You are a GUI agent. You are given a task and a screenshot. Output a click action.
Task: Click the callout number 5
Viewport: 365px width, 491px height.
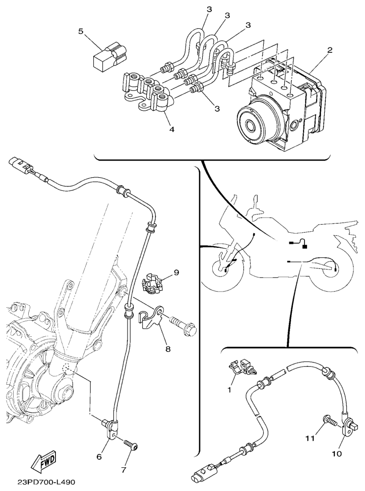(81, 32)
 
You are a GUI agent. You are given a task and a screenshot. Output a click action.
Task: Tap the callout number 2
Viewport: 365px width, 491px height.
(330, 50)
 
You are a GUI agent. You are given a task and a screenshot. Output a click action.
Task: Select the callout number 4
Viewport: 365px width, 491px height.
(171, 129)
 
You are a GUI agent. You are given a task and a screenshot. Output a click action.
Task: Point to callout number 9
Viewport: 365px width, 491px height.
(176, 272)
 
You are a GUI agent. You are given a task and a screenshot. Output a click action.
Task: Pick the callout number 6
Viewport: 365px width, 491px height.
(99, 457)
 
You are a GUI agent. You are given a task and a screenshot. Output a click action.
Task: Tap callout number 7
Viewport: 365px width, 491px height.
(124, 470)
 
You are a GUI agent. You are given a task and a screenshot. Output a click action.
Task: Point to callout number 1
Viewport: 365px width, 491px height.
(229, 390)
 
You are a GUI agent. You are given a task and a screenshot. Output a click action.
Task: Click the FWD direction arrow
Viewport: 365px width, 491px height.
(45, 462)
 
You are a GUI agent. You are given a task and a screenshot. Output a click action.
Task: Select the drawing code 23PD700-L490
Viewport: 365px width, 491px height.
(46, 482)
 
